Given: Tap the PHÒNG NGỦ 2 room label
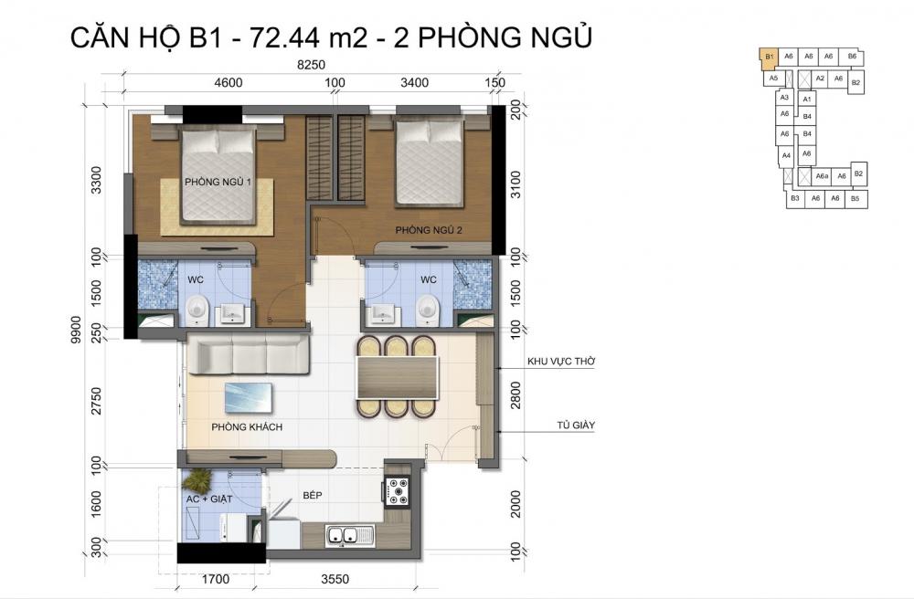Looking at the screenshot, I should [x=428, y=231].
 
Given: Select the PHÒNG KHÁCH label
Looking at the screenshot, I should [x=246, y=426].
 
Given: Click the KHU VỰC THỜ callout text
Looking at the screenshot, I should [x=561, y=363].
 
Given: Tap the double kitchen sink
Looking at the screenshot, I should [x=346, y=535].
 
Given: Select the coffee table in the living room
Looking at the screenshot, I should [x=250, y=399].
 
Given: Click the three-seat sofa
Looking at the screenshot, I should [x=249, y=352].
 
